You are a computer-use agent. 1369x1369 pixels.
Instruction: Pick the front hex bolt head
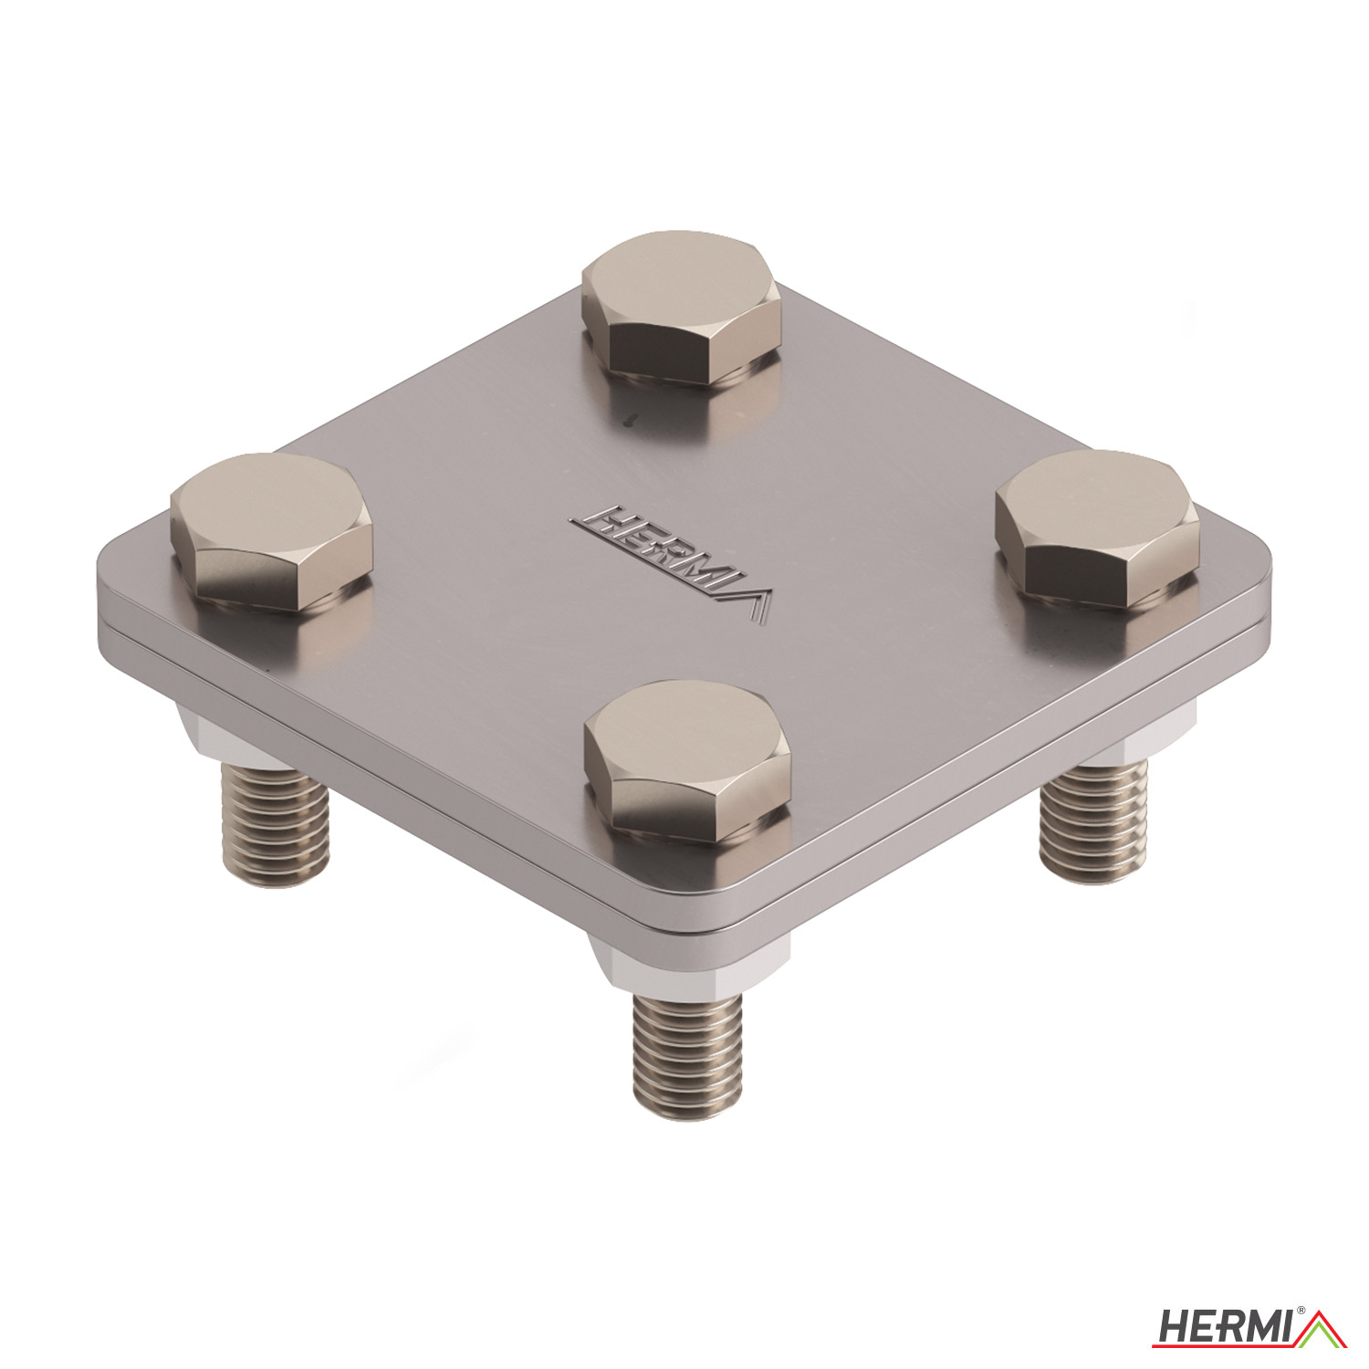[687, 758]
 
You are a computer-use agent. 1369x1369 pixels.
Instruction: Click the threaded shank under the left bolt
[275, 827]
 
